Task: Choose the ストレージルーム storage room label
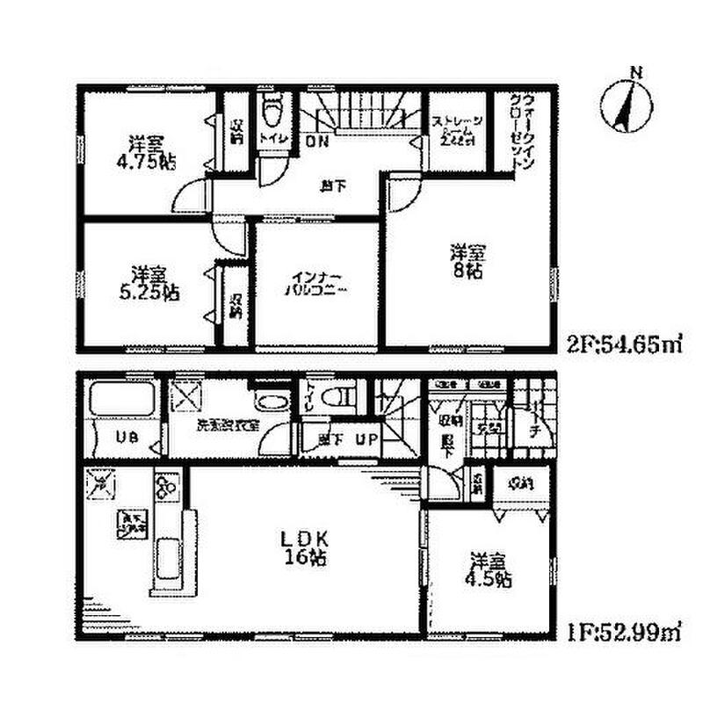pyautogui.click(x=454, y=130)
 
